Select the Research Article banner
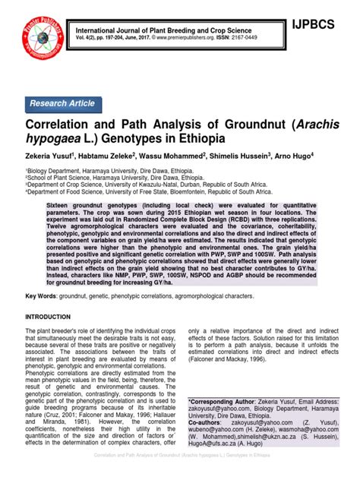(63, 103)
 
